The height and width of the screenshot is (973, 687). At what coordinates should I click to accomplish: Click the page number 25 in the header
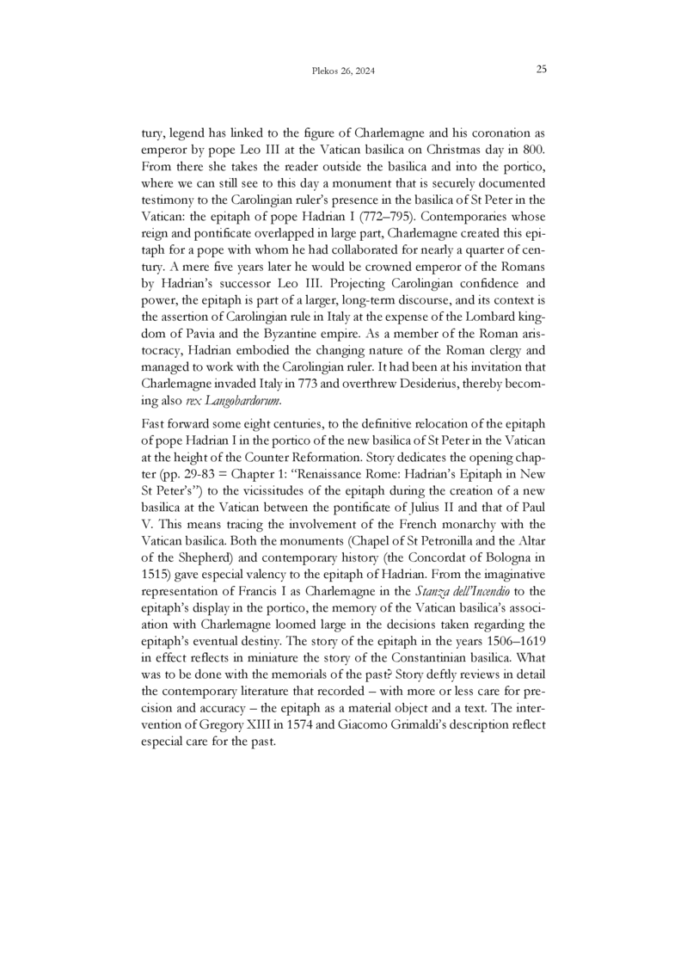click(x=542, y=70)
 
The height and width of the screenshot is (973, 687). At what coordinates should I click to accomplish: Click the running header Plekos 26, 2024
click(x=343, y=71)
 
